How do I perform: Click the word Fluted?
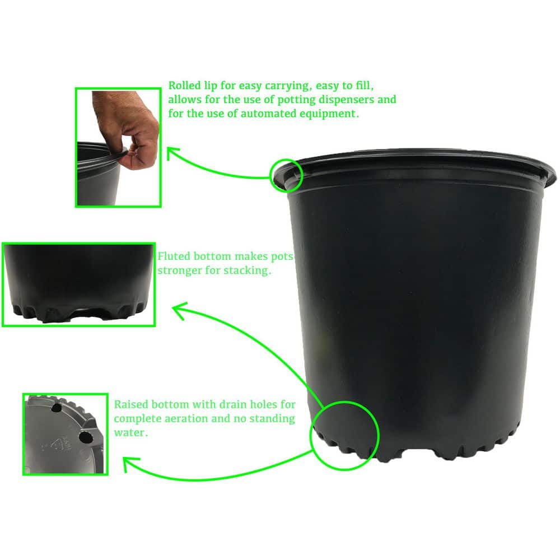[x=174, y=257]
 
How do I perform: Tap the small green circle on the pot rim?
[x=286, y=174]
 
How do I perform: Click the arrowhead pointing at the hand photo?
[x=172, y=152]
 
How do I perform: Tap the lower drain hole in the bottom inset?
[x=85, y=437]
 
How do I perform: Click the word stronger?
[x=179, y=270]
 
